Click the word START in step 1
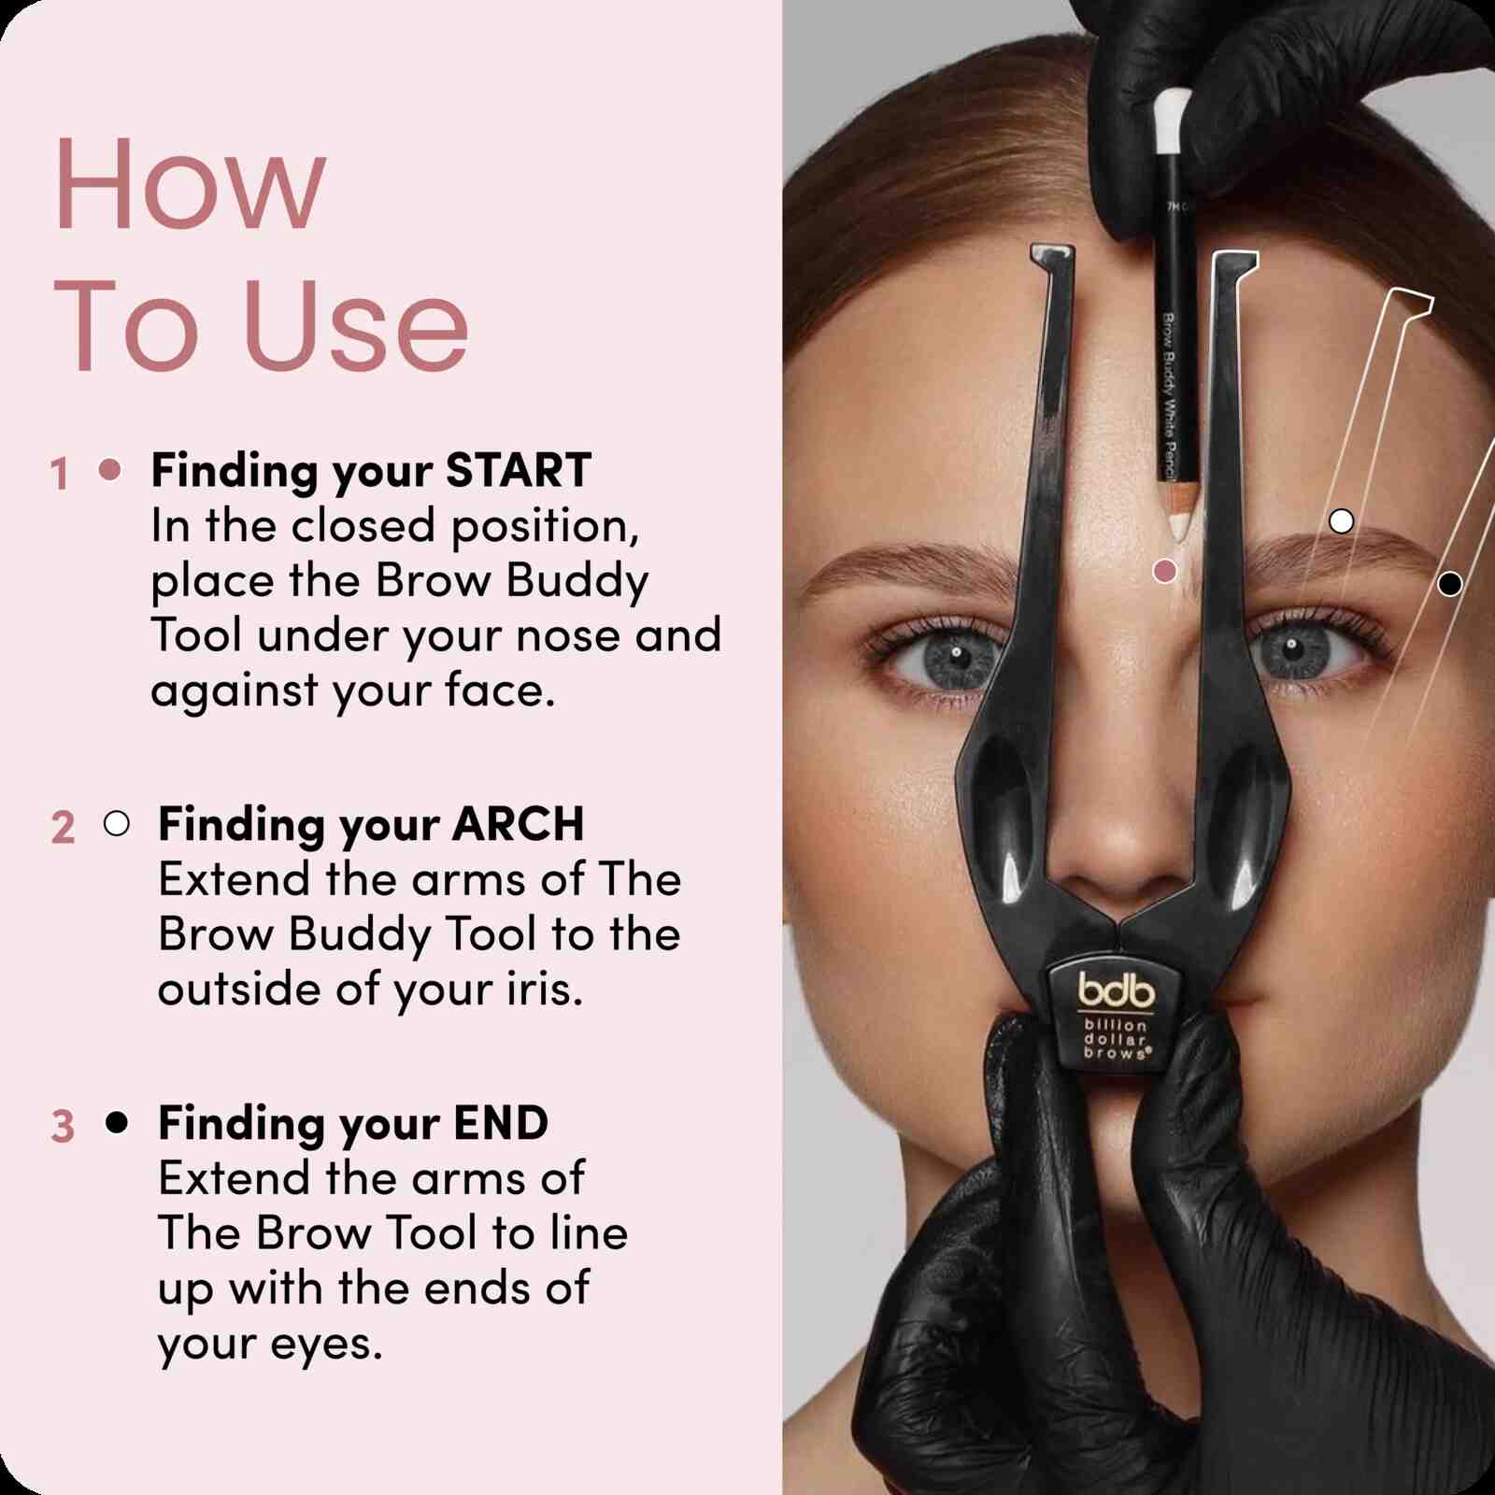click(x=519, y=470)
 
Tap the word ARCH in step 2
click(x=519, y=824)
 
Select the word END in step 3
click(x=501, y=1123)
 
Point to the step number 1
click(x=60, y=474)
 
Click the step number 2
click(x=63, y=828)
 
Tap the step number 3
click(x=63, y=1126)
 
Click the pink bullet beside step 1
click(x=110, y=469)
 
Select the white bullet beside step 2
click(x=117, y=823)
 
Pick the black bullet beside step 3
click(x=117, y=1122)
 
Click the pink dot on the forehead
click(x=1164, y=570)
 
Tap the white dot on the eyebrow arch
click(x=1341, y=520)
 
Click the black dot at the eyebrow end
click(x=1449, y=584)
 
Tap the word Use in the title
click(x=355, y=325)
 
